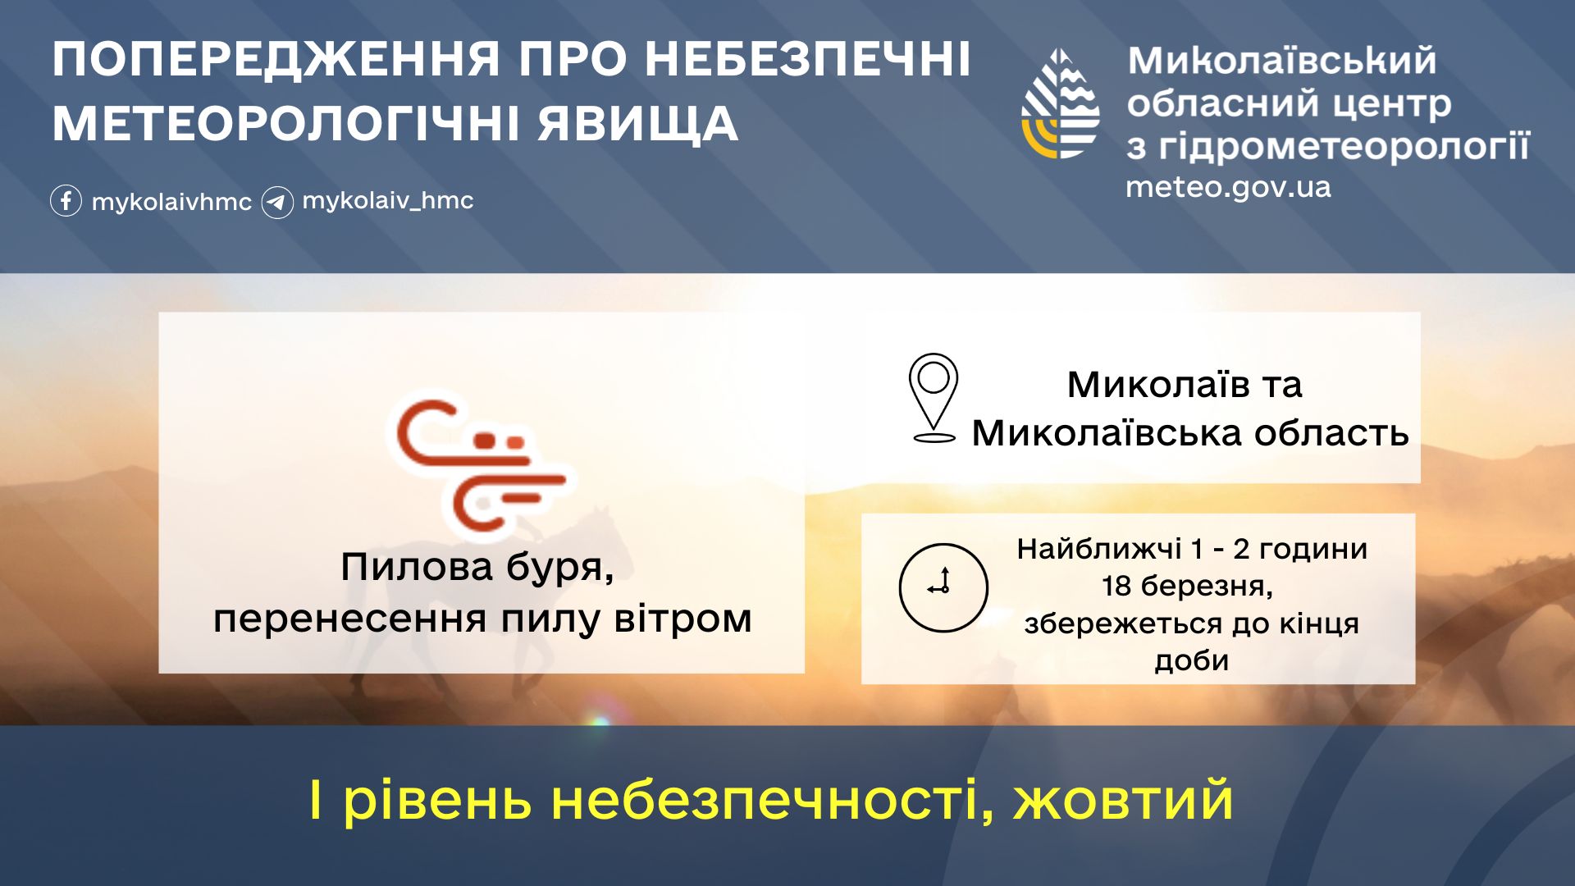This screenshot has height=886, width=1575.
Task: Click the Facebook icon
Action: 66,201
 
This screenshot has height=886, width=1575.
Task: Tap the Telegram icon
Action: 277,202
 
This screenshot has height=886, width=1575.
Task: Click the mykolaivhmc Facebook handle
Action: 171,203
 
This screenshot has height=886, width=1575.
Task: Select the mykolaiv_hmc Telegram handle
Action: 388,200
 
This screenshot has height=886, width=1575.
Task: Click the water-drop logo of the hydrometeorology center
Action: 1061,103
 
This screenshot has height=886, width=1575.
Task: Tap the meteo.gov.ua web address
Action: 1228,188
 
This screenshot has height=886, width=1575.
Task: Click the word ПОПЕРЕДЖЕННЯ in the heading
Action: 276,60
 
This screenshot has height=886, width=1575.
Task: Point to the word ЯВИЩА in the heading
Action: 637,124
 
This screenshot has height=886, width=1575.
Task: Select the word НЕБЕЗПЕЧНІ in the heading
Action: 807,60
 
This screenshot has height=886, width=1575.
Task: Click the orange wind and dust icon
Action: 481,465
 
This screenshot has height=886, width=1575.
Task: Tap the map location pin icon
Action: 934,398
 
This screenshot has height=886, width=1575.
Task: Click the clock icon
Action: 943,587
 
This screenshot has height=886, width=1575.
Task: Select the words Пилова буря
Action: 477,567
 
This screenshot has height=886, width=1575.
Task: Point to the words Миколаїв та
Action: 1185,384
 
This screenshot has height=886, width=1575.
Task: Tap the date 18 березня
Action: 1187,587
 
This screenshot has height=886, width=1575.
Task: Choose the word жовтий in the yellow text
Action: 1123,800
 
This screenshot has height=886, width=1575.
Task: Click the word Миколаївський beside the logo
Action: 1282,61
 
